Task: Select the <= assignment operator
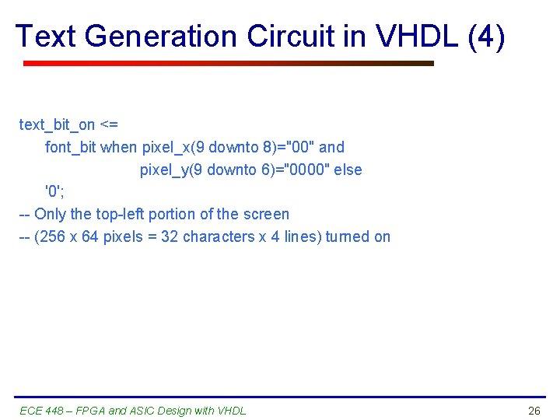(x=109, y=124)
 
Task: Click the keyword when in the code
(x=119, y=147)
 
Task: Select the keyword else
(x=348, y=170)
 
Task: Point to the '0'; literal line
(x=54, y=191)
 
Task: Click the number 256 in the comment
(x=51, y=236)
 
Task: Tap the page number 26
(x=534, y=411)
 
